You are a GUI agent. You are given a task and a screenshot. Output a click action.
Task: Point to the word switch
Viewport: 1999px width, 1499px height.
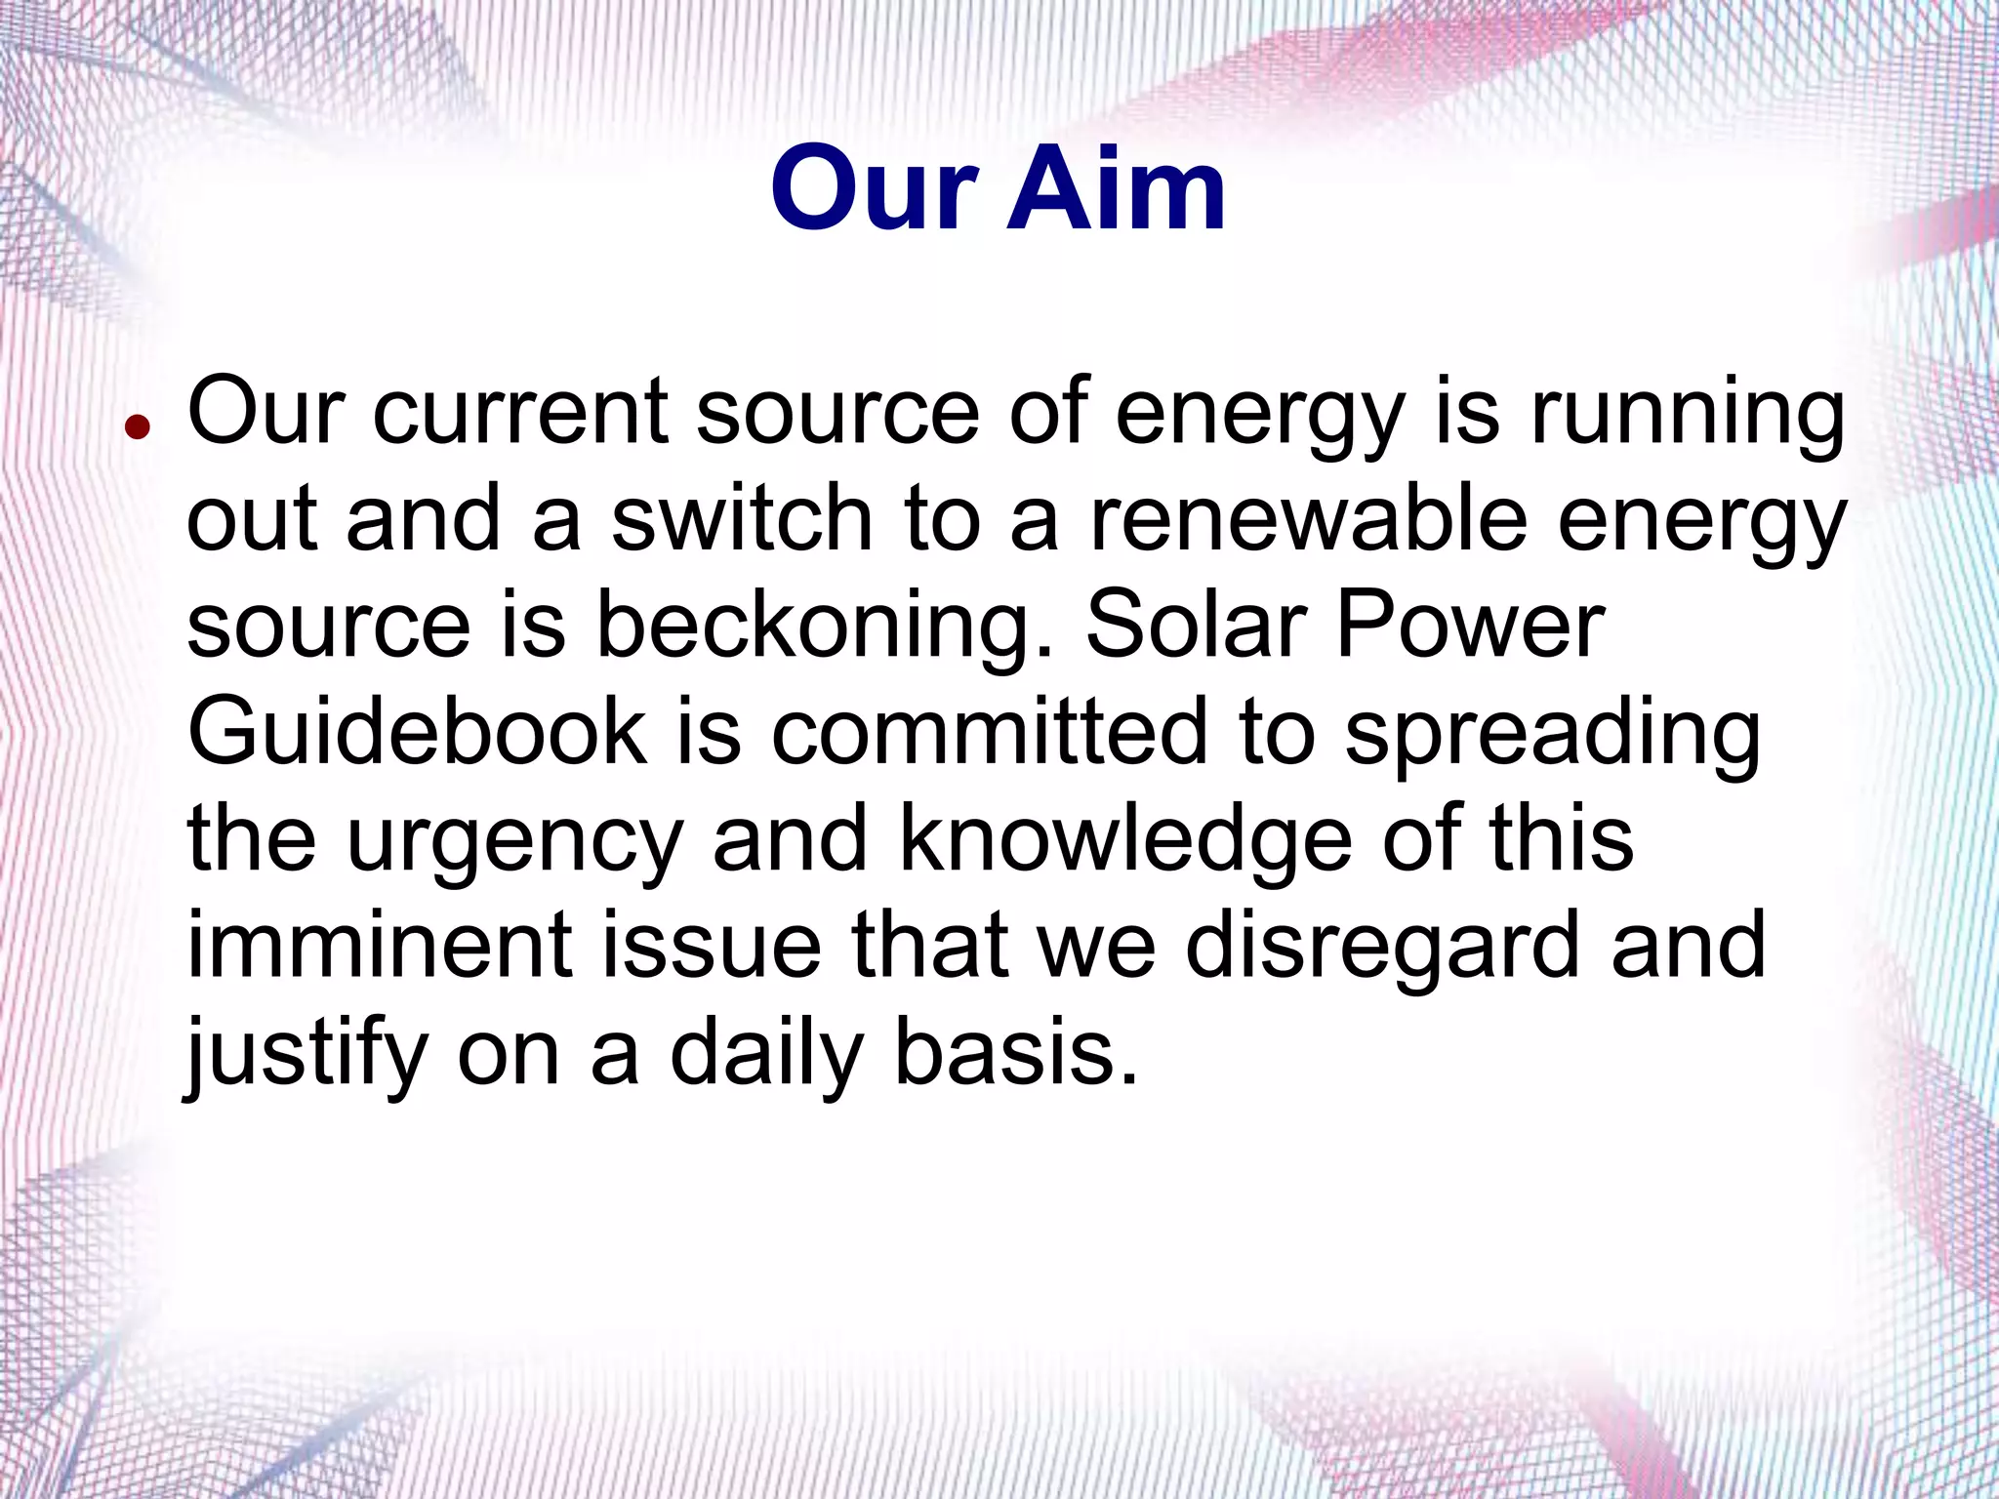[741, 518]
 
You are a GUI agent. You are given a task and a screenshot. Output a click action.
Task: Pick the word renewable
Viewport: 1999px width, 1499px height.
[1308, 518]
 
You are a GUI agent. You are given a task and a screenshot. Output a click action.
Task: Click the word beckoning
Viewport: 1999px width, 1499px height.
[825, 626]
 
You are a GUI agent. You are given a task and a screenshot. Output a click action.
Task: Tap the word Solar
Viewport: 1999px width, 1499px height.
[1197, 626]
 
